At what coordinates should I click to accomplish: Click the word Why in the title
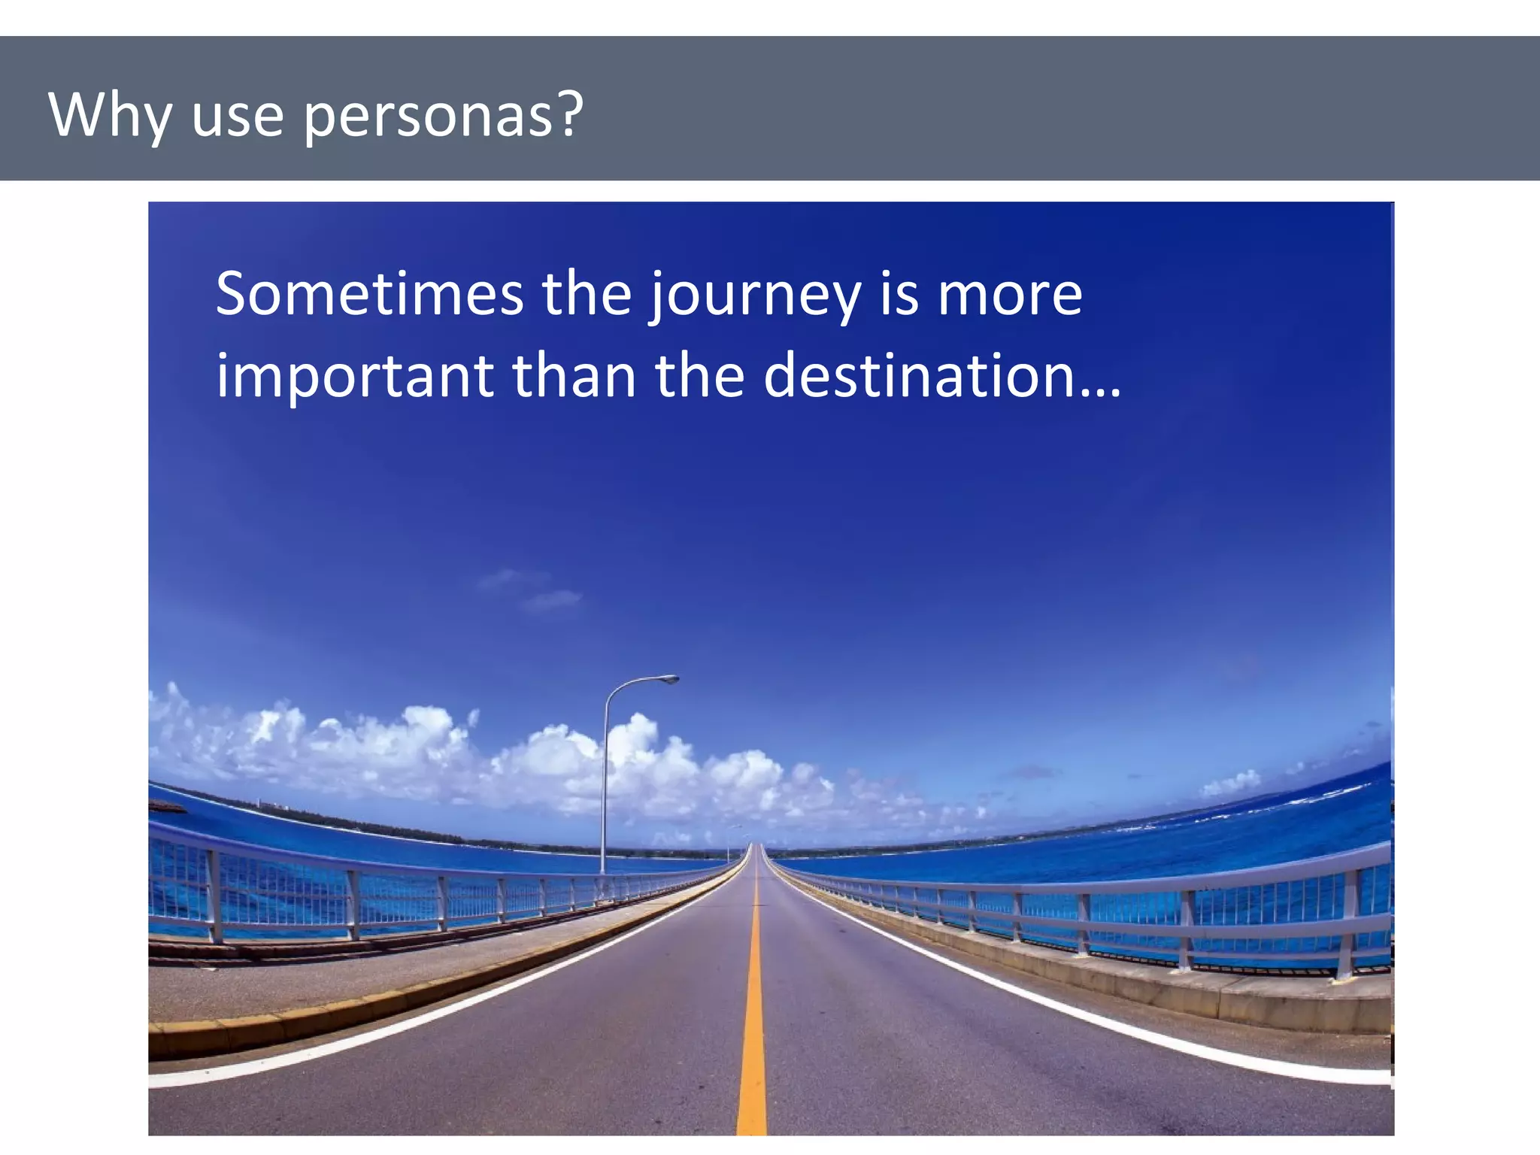point(109,115)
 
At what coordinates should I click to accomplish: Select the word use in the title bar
point(238,117)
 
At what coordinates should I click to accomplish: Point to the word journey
point(755,295)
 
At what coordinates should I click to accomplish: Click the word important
point(354,375)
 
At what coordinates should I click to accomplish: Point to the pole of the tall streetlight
point(604,790)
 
